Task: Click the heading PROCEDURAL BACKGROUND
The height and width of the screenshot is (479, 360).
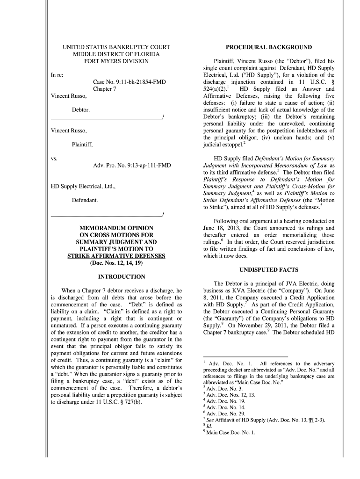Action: click(x=268, y=47)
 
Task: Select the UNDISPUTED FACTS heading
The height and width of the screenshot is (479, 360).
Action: click(x=268, y=270)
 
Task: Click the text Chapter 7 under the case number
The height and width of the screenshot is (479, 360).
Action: click(x=105, y=89)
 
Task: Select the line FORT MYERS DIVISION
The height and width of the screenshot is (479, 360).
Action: click(x=116, y=61)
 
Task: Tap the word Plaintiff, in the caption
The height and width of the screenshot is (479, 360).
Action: click(x=82, y=145)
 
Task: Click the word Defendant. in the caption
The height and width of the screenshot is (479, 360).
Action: click(x=85, y=200)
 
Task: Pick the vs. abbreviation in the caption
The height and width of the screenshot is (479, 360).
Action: click(x=54, y=159)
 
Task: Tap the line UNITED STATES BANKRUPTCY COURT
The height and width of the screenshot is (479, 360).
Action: click(x=116, y=47)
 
